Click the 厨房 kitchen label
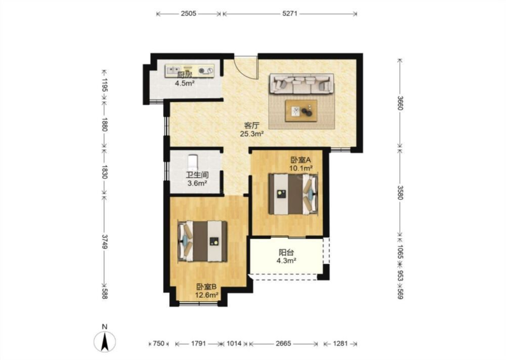[x=185, y=75]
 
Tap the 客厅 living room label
[x=251, y=125]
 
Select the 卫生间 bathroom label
[x=197, y=175]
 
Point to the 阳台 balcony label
[x=286, y=253]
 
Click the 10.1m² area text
[x=301, y=168]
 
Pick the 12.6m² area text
[x=207, y=295]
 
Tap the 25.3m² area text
[x=252, y=134]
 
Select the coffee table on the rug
[x=301, y=111]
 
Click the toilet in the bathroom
[x=193, y=163]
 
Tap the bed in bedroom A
[x=293, y=194]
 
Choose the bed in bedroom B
[x=203, y=241]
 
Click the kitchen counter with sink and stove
[x=190, y=71]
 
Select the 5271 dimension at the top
[x=290, y=14]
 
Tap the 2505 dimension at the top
[x=188, y=14]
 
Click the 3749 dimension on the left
[x=104, y=241]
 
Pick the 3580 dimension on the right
[x=400, y=192]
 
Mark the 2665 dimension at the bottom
[x=283, y=343]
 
